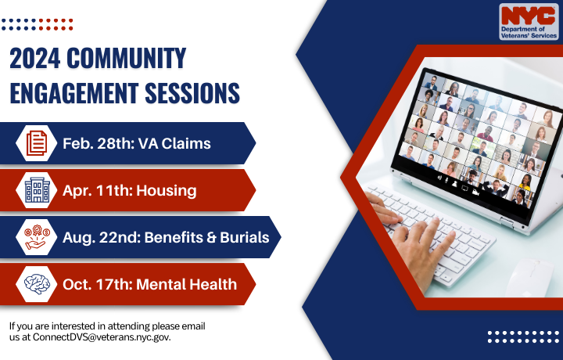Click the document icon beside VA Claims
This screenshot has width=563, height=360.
point(37,143)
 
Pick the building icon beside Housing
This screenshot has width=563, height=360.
point(37,190)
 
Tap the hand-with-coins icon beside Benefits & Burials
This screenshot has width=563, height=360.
point(37,237)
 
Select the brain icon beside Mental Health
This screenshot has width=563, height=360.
point(37,284)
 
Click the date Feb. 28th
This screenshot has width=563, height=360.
point(95,143)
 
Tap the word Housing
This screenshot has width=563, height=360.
point(165,190)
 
